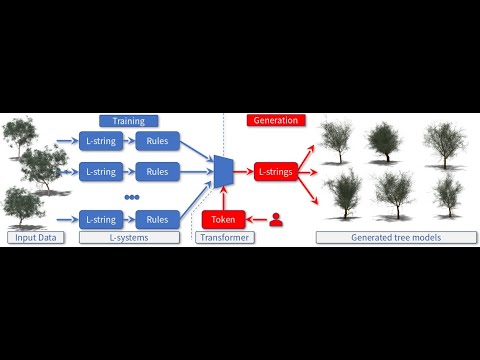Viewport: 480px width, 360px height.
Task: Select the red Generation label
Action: pyautogui.click(x=274, y=120)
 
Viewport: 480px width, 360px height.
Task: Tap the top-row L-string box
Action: pyautogui.click(x=100, y=141)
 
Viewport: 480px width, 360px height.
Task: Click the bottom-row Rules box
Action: pyautogui.click(x=157, y=218)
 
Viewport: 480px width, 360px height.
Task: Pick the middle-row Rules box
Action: pyautogui.click(x=157, y=171)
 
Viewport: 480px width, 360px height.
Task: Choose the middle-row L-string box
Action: pyautogui.click(x=100, y=171)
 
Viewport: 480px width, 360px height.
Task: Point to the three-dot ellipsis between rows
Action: pyautogui.click(x=130, y=197)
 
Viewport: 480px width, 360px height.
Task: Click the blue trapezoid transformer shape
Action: pyautogui.click(x=222, y=171)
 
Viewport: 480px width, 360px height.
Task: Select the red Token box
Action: pyautogui.click(x=223, y=218)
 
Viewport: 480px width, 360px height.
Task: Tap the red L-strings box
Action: pyautogui.click(x=275, y=171)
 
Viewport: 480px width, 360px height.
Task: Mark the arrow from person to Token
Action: pyautogui.click(x=254, y=218)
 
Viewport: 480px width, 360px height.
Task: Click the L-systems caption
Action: pyautogui.click(x=129, y=238)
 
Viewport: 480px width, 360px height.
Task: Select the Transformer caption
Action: pyautogui.click(x=223, y=238)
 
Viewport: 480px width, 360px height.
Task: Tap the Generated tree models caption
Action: pyautogui.click(x=394, y=238)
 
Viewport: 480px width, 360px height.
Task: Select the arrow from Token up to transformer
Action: pyautogui.click(x=223, y=199)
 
